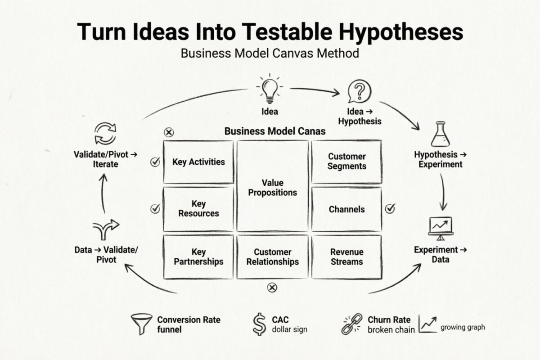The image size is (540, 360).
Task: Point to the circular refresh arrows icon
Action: [105, 134]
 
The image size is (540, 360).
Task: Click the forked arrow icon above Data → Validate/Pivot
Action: [105, 229]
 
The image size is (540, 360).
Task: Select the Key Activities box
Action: [198, 162]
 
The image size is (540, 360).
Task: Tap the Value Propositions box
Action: [273, 186]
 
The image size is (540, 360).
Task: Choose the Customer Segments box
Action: [346, 161]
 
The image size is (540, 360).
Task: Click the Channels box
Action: [346, 209]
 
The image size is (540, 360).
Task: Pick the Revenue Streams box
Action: [346, 256]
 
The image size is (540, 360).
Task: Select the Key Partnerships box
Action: [198, 256]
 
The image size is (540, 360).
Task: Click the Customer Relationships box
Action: [273, 256]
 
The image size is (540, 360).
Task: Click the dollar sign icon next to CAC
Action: [259, 324]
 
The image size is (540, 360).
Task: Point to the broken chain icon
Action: [352, 324]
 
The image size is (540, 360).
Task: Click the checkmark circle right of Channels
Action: [390, 208]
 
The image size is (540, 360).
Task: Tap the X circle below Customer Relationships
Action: [272, 288]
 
